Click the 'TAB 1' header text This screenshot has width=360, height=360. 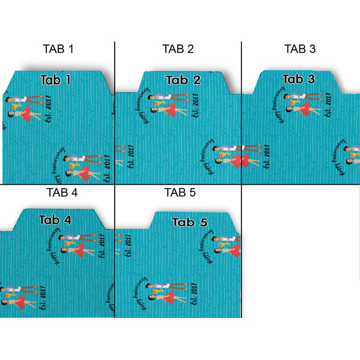point(58,49)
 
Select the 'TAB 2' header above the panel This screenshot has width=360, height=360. point(178,49)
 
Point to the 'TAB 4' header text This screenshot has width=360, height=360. point(61,193)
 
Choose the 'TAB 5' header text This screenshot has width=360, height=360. point(180,193)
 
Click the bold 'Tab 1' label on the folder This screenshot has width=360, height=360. point(56,79)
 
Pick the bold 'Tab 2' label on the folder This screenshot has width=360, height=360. point(183,80)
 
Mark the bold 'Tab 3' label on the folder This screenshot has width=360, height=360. point(298,79)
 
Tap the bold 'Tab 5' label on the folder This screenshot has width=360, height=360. point(190,223)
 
